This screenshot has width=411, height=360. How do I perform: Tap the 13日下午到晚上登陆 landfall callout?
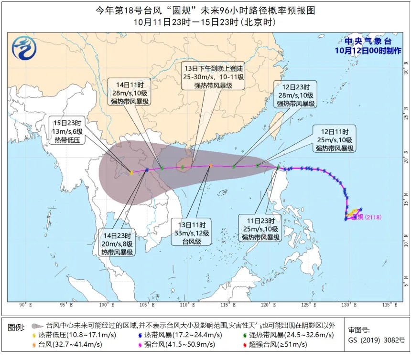[213, 76]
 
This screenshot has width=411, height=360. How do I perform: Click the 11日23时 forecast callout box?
[261, 229]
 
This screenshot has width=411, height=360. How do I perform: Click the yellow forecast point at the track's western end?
[131, 173]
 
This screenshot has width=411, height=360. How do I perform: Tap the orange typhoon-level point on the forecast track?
[211, 166]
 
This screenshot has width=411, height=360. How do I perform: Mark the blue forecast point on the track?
[147, 170]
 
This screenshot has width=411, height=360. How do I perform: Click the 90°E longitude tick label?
[26, 304]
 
